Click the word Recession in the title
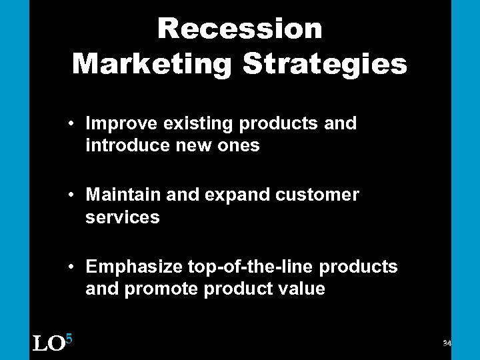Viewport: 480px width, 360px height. coord(240,29)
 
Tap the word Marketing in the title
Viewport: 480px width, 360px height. coord(152,64)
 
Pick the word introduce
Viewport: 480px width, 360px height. coord(124,145)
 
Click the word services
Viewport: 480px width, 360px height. coord(123,217)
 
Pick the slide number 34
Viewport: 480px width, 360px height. coord(447,343)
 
